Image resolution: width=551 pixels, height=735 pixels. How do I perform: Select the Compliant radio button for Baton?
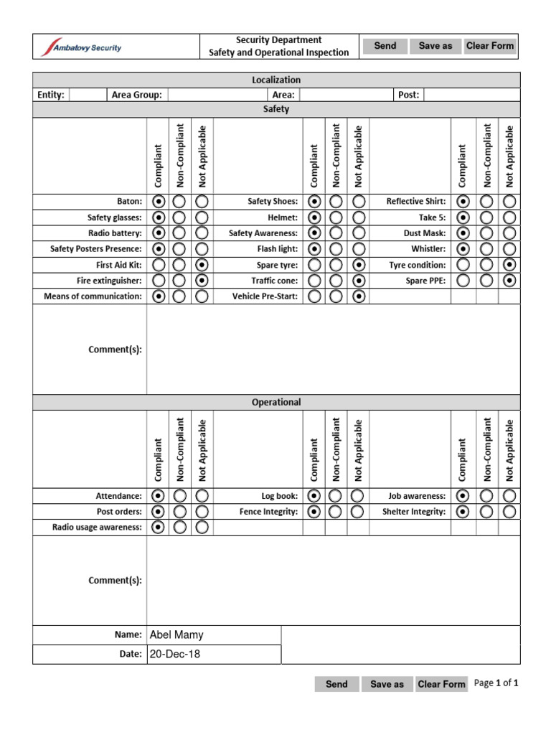pos(158,202)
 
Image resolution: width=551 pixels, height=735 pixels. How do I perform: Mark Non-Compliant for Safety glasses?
pos(179,217)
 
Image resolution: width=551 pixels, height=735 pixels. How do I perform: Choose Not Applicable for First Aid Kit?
pos(202,265)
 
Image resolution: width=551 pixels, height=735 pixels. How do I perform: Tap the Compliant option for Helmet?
pos(314,217)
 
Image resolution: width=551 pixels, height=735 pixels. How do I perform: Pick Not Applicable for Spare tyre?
pos(359,265)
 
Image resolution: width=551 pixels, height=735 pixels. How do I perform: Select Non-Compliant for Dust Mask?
pos(486,233)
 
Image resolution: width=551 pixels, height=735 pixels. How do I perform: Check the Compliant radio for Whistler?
pos(463,249)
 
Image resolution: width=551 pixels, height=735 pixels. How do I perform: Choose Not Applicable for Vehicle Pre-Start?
pos(359,296)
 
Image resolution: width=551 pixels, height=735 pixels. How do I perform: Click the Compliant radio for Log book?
pos(314,496)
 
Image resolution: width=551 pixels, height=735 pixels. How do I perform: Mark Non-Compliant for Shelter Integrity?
pos(486,512)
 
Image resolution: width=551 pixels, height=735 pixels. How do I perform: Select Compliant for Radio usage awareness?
pos(158,528)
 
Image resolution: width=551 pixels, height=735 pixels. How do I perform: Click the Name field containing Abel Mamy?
pos(214,635)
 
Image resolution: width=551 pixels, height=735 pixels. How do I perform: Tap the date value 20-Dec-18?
pos(214,655)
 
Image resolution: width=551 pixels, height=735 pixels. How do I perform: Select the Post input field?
pos(472,95)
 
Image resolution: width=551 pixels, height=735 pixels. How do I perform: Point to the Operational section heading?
pos(276,403)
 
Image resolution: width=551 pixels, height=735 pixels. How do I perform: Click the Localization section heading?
pos(276,80)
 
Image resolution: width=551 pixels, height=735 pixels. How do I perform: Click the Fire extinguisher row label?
pos(109,281)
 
